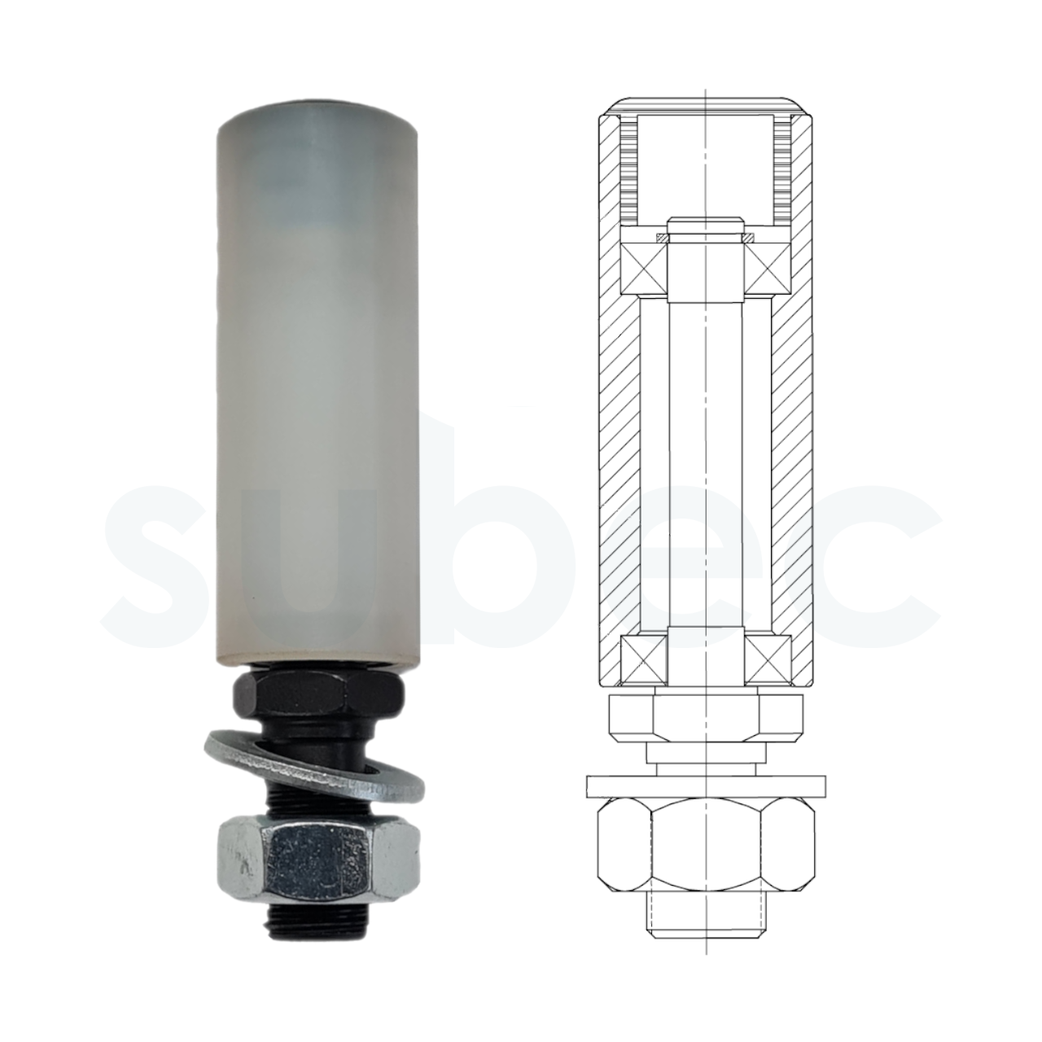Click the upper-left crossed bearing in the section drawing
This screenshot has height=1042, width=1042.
click(644, 268)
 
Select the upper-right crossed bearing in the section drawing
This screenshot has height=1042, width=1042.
click(768, 268)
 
